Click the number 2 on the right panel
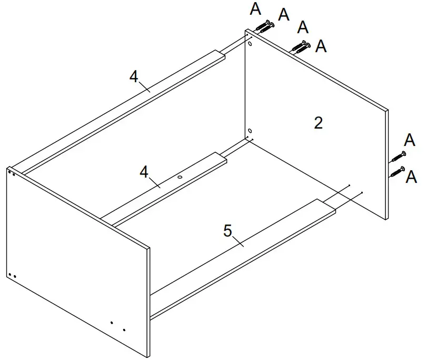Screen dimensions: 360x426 tap(318, 123)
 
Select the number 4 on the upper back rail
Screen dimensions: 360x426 tap(134, 77)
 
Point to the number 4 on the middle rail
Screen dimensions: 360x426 tap(143, 172)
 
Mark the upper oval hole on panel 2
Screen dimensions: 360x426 tap(250, 45)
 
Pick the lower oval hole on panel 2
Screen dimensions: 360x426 tap(250, 130)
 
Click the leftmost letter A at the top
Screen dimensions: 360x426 tap(255, 8)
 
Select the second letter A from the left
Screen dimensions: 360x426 tap(284, 15)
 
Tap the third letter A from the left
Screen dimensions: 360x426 tap(303, 27)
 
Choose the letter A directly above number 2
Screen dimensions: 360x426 tap(320, 46)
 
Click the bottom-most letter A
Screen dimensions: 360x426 tap(411, 177)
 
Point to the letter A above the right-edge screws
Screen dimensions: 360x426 tap(410, 140)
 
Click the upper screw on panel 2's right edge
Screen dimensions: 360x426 tap(398, 157)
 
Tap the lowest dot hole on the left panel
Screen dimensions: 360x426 tap(124, 330)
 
